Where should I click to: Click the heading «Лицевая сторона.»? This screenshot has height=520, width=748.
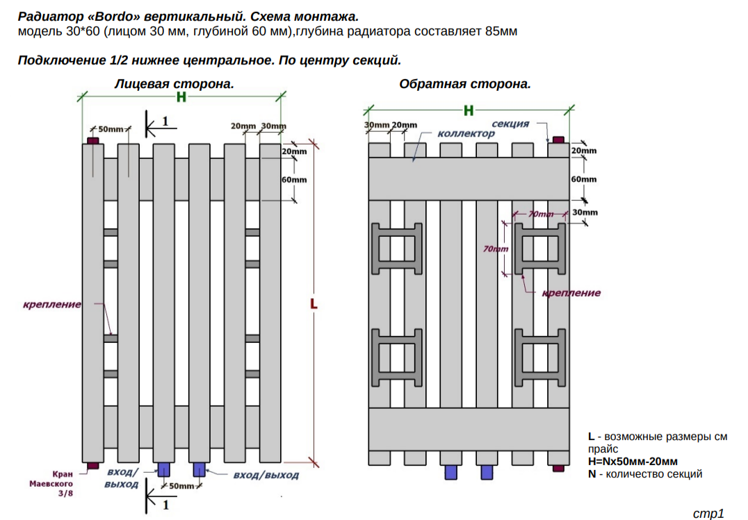174,84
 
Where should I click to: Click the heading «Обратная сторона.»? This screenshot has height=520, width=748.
464,84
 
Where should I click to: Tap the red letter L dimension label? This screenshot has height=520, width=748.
314,303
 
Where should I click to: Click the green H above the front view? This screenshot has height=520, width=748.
181,97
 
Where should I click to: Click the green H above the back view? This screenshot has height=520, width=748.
469,110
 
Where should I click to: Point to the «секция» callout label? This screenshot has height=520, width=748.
510,124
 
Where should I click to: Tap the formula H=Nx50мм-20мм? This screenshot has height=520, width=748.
633,462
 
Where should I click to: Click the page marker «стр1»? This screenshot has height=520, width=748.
708,513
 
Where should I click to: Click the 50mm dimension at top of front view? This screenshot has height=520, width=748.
111,129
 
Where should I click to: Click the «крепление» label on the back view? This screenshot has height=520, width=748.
571,293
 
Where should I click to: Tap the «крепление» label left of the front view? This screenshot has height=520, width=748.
52,304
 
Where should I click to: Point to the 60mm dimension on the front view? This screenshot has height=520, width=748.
294,180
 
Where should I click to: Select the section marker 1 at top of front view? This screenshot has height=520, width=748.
165,121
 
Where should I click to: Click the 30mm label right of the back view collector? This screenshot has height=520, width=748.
585,212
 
